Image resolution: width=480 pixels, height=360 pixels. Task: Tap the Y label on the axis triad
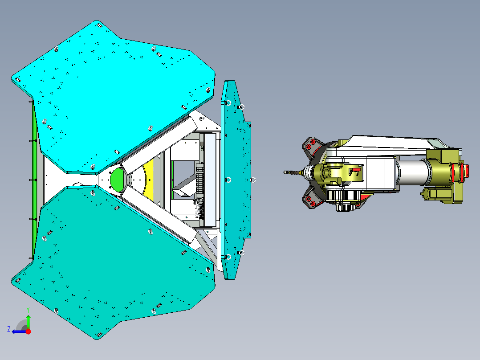(x=28, y=310)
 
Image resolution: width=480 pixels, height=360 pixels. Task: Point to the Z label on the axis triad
(x=9, y=329)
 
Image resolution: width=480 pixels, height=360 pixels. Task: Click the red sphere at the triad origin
(x=28, y=331)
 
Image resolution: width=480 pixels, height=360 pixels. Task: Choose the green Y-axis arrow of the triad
(x=28, y=322)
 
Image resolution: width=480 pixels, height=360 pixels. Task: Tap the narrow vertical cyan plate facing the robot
(x=235, y=180)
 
